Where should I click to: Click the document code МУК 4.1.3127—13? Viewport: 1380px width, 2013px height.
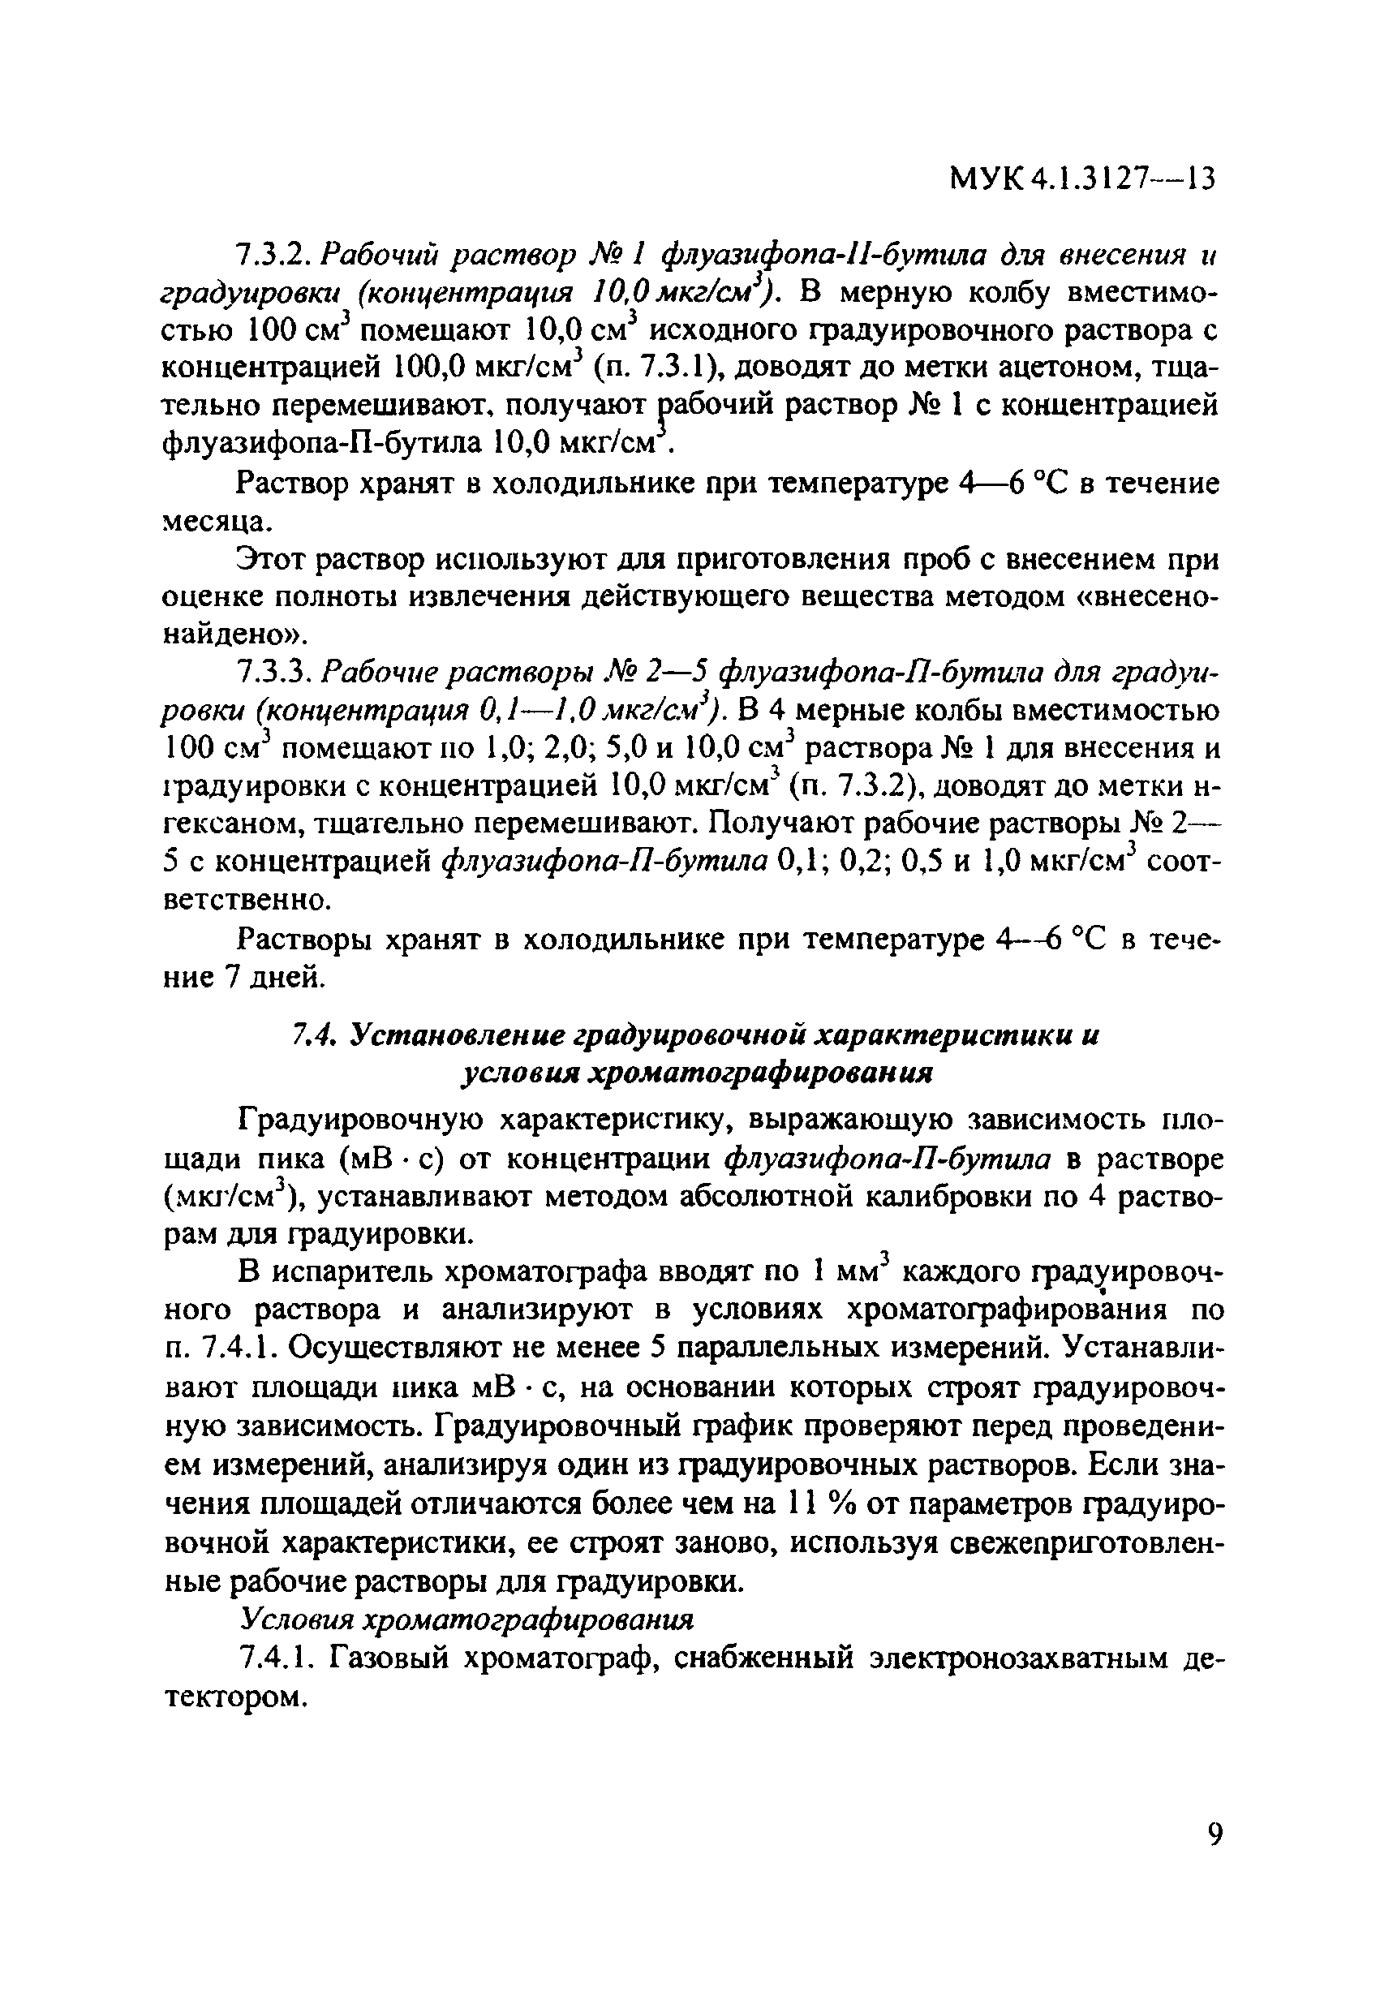click(x=1082, y=179)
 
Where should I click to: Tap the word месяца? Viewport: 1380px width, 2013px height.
click(x=217, y=522)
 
